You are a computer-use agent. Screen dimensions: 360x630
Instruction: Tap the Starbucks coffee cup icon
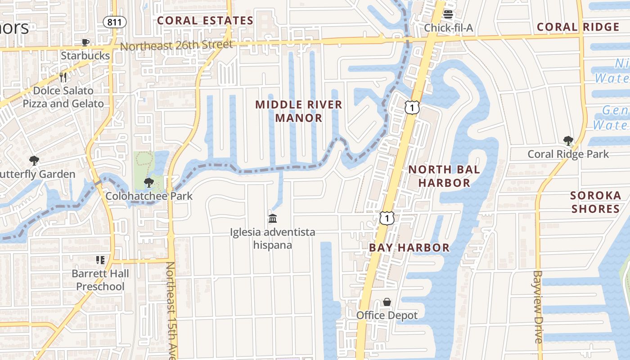[85, 43]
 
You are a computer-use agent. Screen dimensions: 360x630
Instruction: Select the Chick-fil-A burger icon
[448, 14]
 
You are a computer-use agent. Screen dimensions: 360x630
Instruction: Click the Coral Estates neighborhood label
[205, 21]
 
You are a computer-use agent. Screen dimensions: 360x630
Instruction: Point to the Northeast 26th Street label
[176, 45]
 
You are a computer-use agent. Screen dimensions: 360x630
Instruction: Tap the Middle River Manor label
[299, 111]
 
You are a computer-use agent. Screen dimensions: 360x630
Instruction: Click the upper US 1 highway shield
[412, 107]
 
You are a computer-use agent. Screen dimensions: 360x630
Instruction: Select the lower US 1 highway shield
[387, 218]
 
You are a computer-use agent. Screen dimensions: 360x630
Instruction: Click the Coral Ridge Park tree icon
[568, 141]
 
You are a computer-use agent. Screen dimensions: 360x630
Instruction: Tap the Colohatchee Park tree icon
[148, 183]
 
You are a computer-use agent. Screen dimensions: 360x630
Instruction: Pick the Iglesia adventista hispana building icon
[273, 218]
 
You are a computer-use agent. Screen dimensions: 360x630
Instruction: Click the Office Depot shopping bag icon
[387, 302]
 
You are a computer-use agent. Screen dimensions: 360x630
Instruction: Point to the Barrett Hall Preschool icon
[100, 260]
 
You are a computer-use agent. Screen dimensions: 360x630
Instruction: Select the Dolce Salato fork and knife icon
[63, 77]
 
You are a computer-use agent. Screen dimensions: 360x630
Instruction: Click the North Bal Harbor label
[444, 176]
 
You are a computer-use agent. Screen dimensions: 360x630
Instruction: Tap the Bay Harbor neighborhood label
[409, 247]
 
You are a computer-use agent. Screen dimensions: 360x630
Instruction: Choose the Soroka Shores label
[595, 202]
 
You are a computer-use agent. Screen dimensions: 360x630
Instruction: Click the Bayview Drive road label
[539, 306]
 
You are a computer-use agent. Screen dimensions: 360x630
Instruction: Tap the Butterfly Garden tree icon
[34, 161]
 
